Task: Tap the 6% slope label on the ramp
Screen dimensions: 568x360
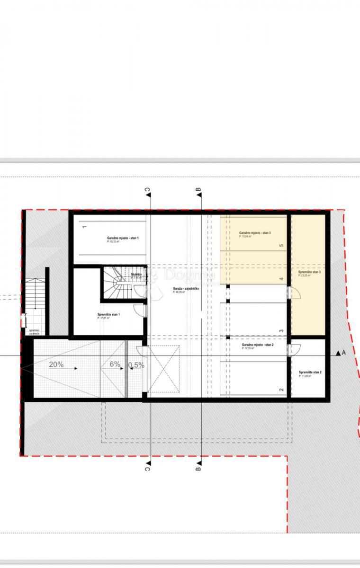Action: pyautogui.click(x=115, y=365)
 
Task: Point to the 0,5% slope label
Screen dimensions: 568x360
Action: pyautogui.click(x=136, y=365)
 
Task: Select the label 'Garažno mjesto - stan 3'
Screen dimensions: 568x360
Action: pyautogui.click(x=255, y=233)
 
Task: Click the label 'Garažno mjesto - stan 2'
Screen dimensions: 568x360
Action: pyautogui.click(x=258, y=345)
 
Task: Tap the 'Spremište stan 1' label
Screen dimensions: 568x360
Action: pyautogui.click(x=108, y=315)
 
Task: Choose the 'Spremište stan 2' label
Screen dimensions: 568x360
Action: pyautogui.click(x=310, y=373)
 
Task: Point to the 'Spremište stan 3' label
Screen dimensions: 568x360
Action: pyautogui.click(x=309, y=273)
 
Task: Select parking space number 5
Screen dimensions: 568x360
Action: pyautogui.click(x=281, y=246)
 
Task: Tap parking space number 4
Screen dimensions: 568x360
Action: pyautogui.click(x=281, y=279)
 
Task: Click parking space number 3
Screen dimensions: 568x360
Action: pyautogui.click(x=281, y=331)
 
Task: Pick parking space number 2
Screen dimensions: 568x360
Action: pyautogui.click(x=281, y=390)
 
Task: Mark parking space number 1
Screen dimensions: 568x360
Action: pyautogui.click(x=84, y=227)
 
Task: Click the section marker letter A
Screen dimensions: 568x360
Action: pyautogui.click(x=343, y=353)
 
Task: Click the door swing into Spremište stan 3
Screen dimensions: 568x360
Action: pyautogui.click(x=296, y=294)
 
